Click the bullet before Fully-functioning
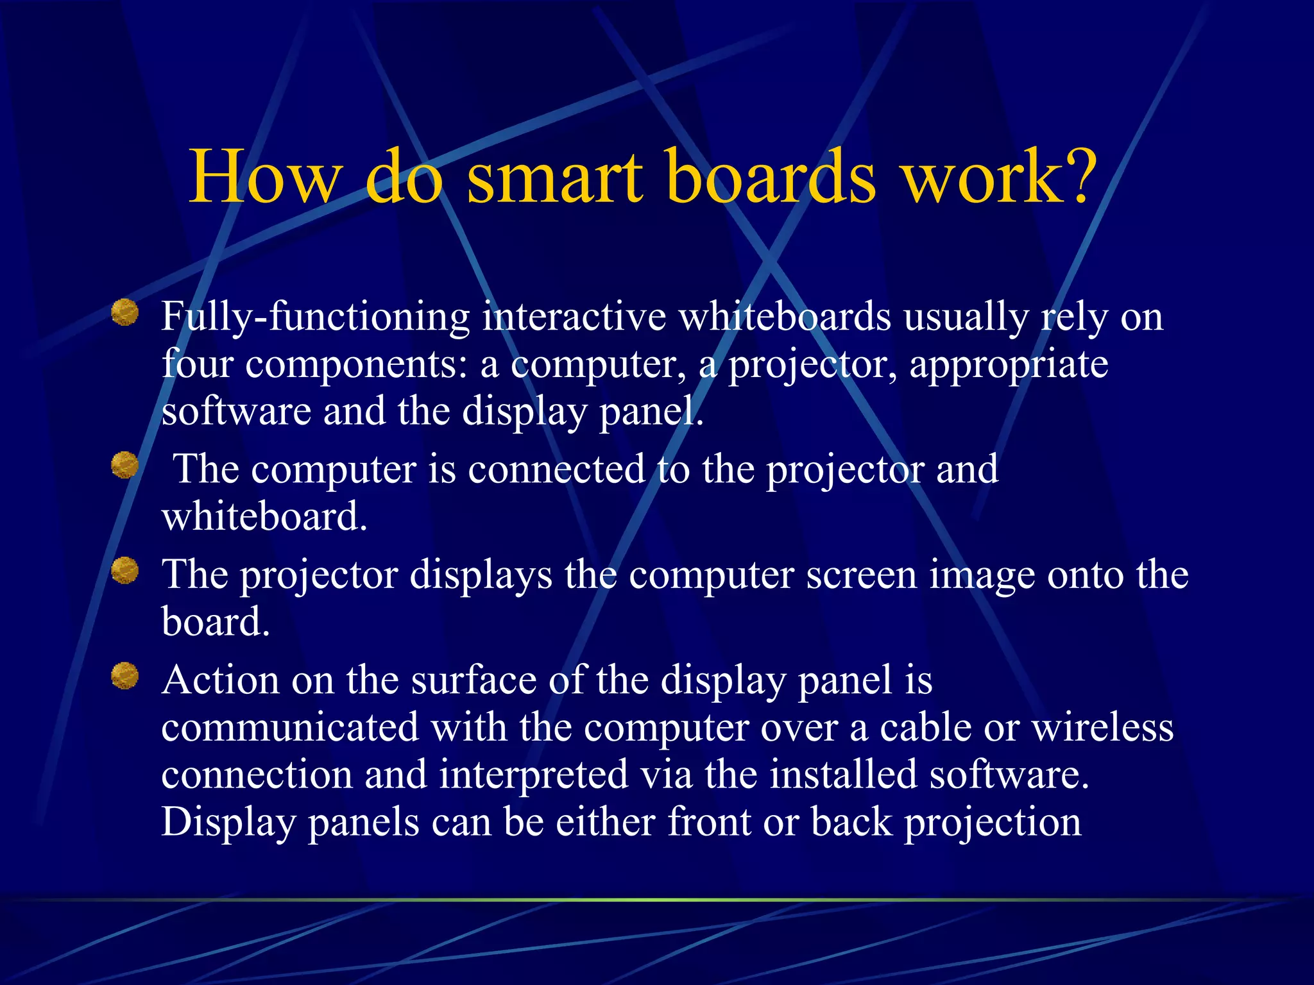tap(125, 313)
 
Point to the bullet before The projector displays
tap(125, 570)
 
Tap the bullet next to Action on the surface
tap(125, 676)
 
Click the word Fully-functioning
tap(315, 318)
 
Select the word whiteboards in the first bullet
tap(784, 317)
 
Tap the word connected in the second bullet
tap(556, 469)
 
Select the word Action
tap(220, 680)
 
